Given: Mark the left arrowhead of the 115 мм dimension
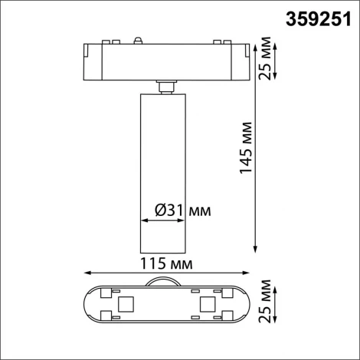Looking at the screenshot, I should pos(85,272).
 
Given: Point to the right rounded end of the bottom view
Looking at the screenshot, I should pos(244,304).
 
